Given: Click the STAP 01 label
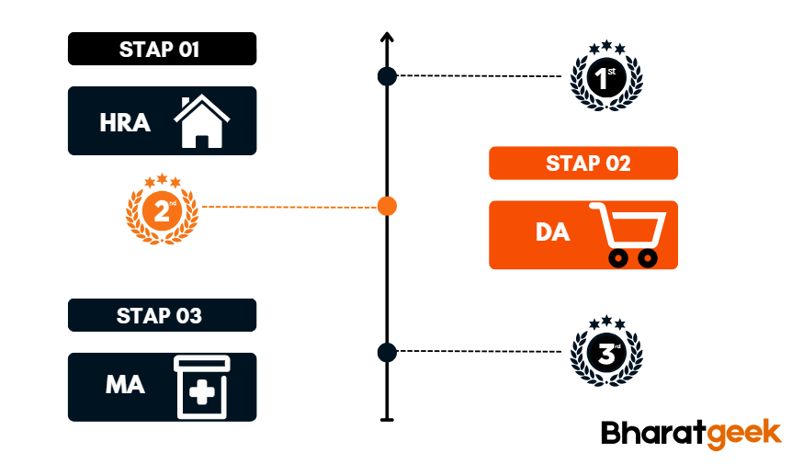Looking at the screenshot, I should (x=162, y=49).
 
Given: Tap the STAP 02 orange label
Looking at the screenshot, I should (x=583, y=164).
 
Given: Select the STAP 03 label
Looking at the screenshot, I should (x=162, y=315).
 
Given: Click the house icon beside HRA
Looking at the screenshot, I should (x=202, y=121).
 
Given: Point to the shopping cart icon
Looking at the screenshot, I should (x=625, y=235).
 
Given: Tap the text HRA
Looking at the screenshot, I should (x=125, y=122).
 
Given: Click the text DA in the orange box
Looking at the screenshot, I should (x=552, y=233).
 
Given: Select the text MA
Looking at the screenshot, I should (x=125, y=385).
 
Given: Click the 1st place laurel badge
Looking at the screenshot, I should (x=605, y=77).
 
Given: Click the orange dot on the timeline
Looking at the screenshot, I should (x=388, y=207).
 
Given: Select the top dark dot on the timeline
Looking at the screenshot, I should (x=388, y=76).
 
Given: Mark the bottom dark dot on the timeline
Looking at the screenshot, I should (x=387, y=352).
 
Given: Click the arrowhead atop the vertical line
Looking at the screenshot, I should (x=387, y=38).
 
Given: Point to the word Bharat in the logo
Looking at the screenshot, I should (x=652, y=434).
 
